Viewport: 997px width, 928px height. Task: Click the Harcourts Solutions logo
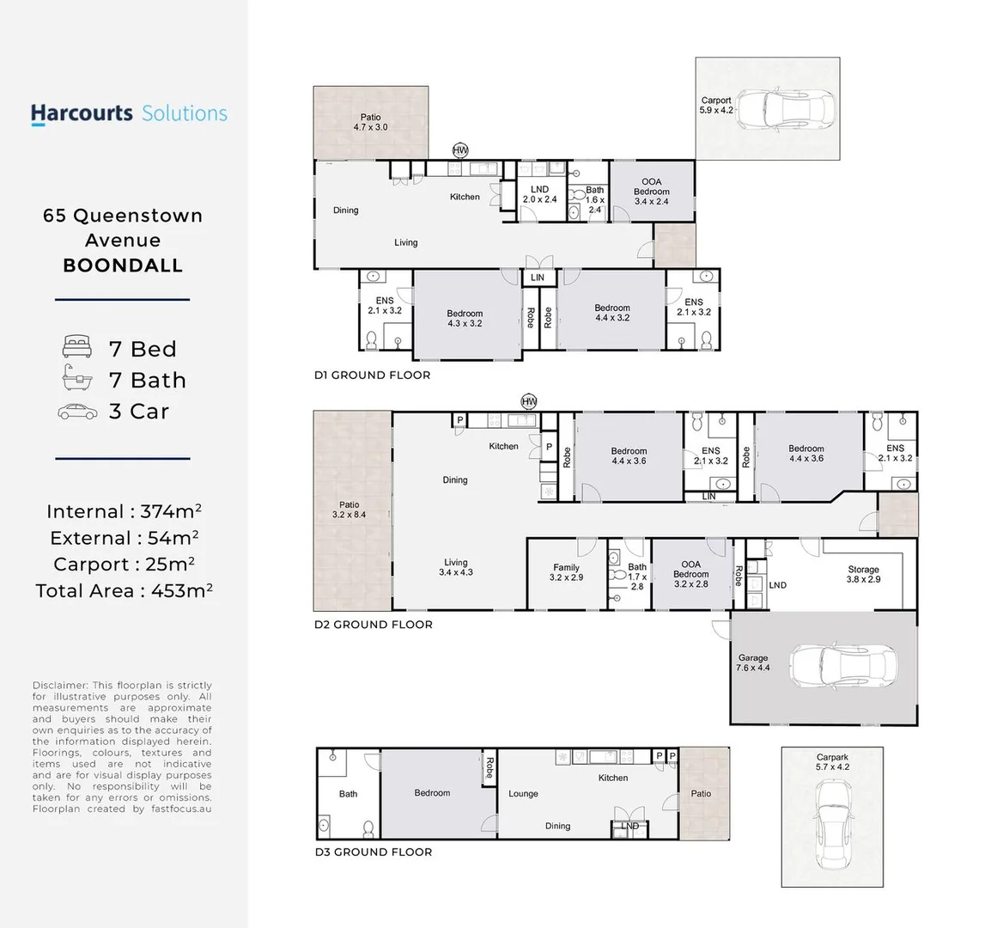129,113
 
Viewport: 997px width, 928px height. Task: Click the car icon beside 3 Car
78,412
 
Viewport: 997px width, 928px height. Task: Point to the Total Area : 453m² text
124,590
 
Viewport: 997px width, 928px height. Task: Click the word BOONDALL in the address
123,266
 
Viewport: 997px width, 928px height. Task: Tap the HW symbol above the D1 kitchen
460,150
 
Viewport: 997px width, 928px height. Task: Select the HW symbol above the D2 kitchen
529,401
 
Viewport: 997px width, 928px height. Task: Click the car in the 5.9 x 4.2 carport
785,109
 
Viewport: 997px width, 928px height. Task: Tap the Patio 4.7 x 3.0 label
370,122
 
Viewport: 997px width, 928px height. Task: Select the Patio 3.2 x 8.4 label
349,510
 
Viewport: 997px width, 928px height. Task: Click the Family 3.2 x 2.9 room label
566,572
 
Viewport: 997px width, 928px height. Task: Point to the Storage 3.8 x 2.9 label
863,574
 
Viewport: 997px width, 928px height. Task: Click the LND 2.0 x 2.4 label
539,194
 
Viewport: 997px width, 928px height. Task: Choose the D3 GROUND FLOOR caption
373,852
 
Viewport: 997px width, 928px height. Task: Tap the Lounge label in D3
523,794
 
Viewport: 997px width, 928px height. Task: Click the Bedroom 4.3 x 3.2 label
465,318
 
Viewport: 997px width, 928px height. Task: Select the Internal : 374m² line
124,511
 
